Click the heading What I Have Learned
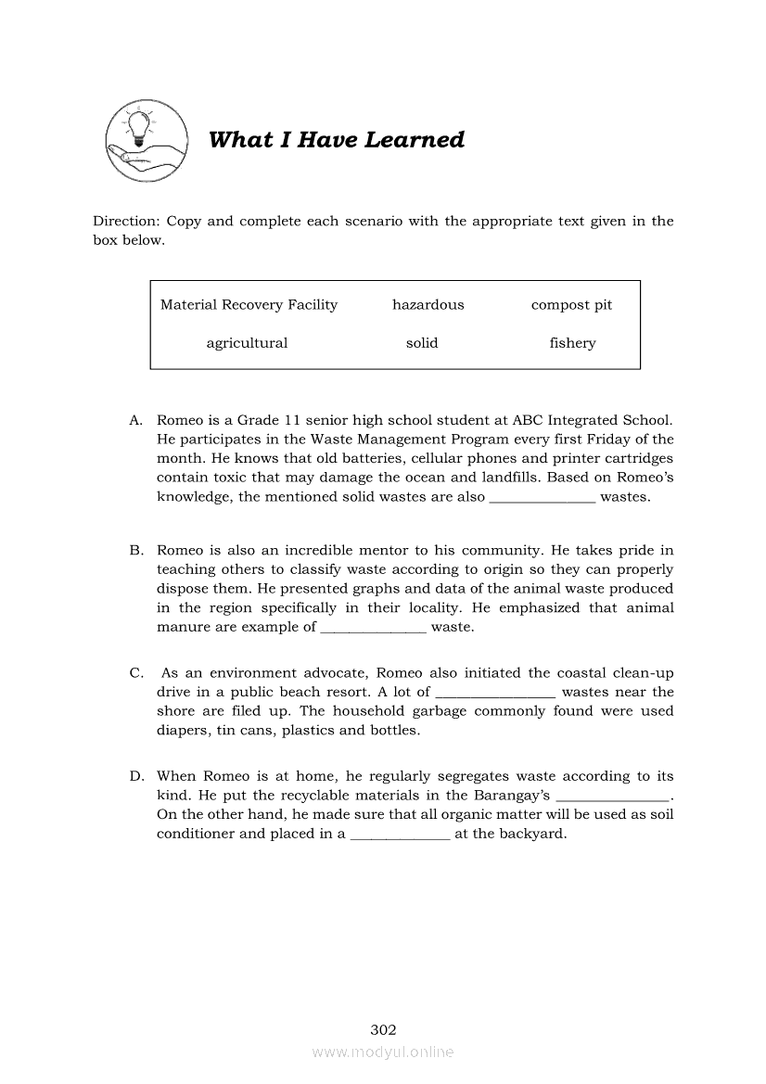point(336,140)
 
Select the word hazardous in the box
point(428,305)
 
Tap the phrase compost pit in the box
point(571,305)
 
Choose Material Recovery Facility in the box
point(249,305)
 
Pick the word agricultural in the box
point(247,343)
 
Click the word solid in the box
point(422,343)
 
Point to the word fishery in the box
point(572,343)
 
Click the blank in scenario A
point(542,498)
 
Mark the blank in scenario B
point(373,629)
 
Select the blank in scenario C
point(495,694)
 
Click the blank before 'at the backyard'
point(400,835)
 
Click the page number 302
point(383,1030)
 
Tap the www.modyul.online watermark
point(383,1052)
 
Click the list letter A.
point(135,421)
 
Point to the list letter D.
point(135,777)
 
